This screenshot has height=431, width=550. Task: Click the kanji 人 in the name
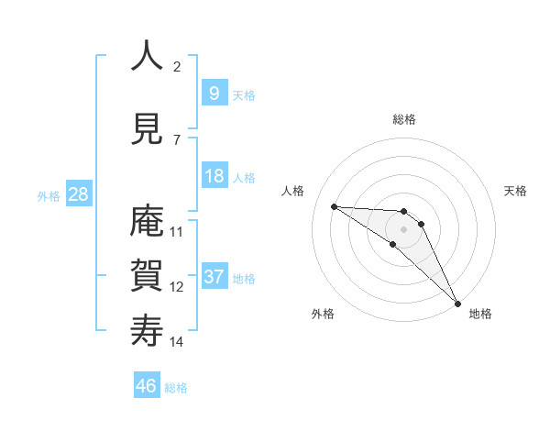tap(147, 56)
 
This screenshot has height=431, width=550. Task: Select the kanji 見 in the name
tap(147, 129)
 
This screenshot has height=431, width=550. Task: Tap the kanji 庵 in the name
tap(147, 221)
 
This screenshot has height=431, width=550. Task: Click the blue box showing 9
tap(214, 93)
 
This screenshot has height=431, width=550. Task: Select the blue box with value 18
tap(214, 176)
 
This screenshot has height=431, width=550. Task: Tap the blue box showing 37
tap(214, 277)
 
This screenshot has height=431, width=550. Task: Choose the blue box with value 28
tap(78, 194)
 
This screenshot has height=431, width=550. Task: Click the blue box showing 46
tap(147, 386)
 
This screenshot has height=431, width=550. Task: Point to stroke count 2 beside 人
tap(177, 67)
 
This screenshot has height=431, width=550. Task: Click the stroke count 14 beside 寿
tap(177, 342)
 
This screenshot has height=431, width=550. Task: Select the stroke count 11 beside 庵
tap(177, 232)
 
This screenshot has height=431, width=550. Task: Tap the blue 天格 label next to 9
tap(244, 94)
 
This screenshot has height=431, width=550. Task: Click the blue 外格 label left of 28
tap(49, 195)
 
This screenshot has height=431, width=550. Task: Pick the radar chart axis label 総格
tap(403, 119)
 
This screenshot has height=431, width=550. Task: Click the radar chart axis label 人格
tap(292, 191)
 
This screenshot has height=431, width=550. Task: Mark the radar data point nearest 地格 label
tap(457, 302)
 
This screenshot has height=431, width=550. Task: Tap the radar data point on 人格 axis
tap(334, 206)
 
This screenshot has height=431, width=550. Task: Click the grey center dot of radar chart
tap(403, 229)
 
